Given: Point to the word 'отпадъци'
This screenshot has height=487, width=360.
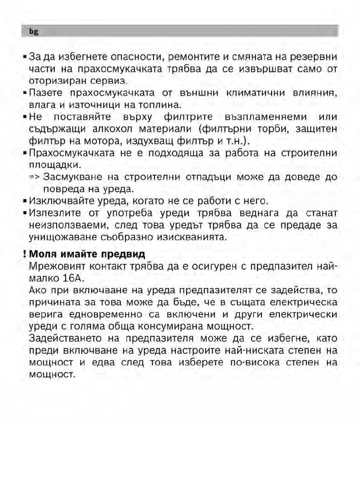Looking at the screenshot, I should pos(197,177).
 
